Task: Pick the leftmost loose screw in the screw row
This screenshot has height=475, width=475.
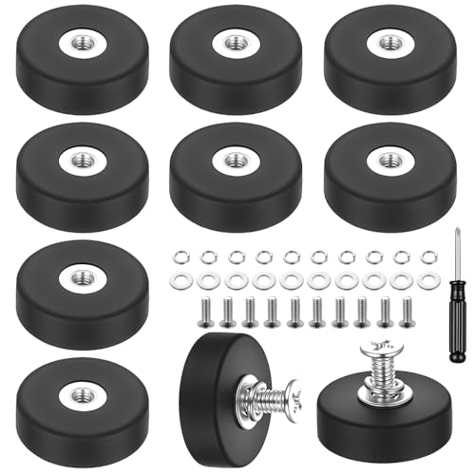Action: click(205, 310)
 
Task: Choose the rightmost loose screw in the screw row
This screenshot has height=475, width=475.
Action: click(408, 309)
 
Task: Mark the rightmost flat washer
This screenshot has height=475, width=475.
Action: click(430, 281)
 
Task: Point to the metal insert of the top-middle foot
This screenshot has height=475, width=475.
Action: click(234, 42)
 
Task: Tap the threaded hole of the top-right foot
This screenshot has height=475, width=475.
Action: click(389, 42)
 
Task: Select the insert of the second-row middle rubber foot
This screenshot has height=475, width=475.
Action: click(234, 160)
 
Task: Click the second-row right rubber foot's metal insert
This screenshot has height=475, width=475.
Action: click(389, 159)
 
